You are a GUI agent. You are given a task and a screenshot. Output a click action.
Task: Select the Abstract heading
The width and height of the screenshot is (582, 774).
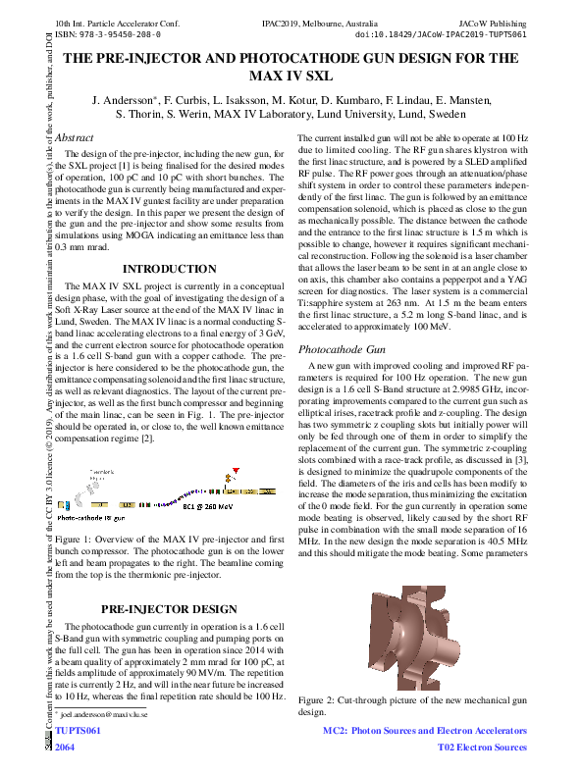click(75, 138)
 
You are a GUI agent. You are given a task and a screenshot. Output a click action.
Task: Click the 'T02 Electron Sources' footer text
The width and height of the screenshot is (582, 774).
click(481, 748)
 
